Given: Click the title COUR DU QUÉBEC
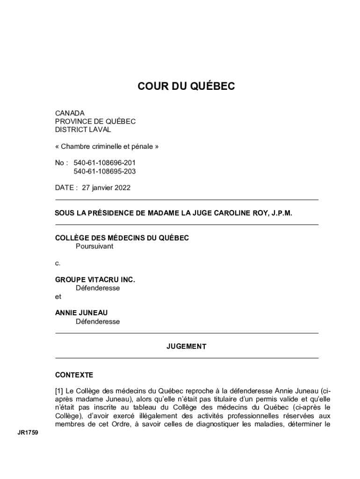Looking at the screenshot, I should (186, 86).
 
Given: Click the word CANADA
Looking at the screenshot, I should (70, 113).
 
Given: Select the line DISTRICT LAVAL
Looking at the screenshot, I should (83, 130).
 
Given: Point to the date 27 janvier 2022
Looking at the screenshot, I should (106, 188).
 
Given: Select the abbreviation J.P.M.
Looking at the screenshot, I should (281, 213).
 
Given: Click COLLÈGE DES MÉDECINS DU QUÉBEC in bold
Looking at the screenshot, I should (122, 238).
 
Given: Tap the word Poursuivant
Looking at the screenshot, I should (94, 246).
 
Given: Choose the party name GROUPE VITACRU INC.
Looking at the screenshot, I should (95, 280).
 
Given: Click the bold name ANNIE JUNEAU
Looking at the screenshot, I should (78, 313).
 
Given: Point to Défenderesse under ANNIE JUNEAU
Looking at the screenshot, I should (98, 321).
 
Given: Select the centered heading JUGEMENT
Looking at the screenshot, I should (186, 347).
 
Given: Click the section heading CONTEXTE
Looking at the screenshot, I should (74, 375).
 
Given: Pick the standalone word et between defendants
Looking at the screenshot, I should (58, 296).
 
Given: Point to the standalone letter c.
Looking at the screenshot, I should (58, 263).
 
